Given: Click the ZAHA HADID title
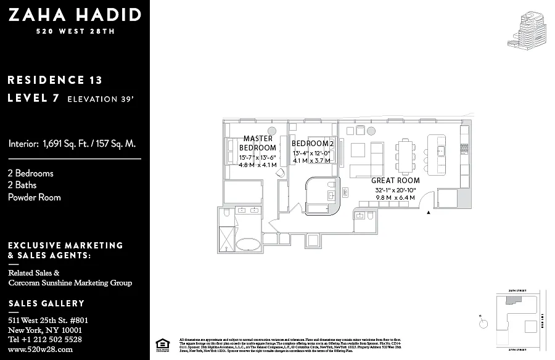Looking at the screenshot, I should pyautogui.click(x=74, y=15).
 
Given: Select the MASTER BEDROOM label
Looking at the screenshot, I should pyautogui.click(x=258, y=143).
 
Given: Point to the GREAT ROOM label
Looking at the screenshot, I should pyautogui.click(x=395, y=181).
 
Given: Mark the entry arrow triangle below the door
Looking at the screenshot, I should pyautogui.click(x=429, y=212).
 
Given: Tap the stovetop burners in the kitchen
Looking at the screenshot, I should pyautogui.click(x=464, y=149).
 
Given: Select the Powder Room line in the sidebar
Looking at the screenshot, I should pyautogui.click(x=35, y=197).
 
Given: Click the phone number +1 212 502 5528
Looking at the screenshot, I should pyautogui.click(x=44, y=339).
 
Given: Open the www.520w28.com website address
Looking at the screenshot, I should pyautogui.click(x=40, y=349).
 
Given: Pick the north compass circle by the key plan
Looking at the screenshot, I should pyautogui.click(x=483, y=323).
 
